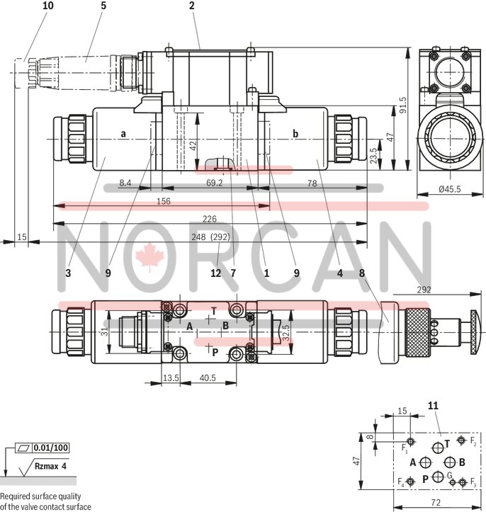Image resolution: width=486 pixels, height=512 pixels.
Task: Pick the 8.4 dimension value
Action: [125, 183]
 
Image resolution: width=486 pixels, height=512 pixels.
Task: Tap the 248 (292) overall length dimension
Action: [209, 237]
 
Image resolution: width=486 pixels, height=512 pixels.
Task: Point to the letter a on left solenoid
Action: [123, 133]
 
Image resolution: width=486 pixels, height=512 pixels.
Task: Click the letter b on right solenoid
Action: [295, 133]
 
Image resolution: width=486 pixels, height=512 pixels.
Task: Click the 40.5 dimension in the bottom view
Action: [207, 378]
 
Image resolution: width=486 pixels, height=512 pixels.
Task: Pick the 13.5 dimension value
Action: [171, 378]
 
